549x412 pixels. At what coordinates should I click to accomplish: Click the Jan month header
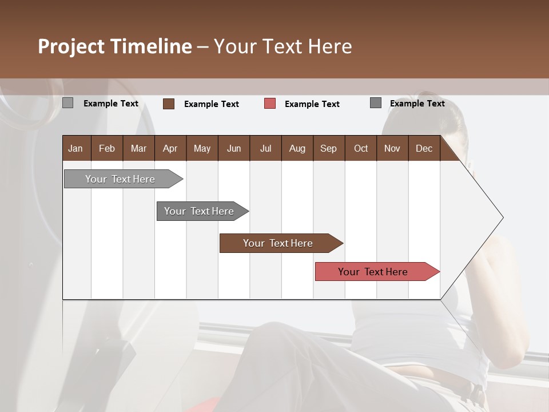(75, 148)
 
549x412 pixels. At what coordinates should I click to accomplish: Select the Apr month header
(170, 148)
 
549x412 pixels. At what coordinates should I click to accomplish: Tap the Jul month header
(265, 148)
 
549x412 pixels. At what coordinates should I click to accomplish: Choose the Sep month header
(328, 148)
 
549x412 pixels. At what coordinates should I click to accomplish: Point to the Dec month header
(424, 148)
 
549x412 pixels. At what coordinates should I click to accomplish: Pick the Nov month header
(392, 148)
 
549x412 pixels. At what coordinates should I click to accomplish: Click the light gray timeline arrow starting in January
(120, 179)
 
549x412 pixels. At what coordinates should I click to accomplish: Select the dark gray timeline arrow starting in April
(199, 211)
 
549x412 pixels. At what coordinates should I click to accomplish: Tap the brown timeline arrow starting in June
(278, 243)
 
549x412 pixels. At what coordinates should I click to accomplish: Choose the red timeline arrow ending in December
(373, 272)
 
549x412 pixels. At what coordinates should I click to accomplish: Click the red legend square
(270, 104)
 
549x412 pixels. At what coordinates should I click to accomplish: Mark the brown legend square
(169, 104)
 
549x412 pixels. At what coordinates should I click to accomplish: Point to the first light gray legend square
(67, 103)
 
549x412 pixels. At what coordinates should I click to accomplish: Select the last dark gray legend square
(376, 103)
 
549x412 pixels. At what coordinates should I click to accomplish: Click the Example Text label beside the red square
(312, 104)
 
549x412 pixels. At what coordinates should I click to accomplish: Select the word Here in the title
(330, 46)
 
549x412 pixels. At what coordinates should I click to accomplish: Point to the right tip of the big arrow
(502, 217)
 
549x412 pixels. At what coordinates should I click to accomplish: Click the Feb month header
(107, 148)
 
